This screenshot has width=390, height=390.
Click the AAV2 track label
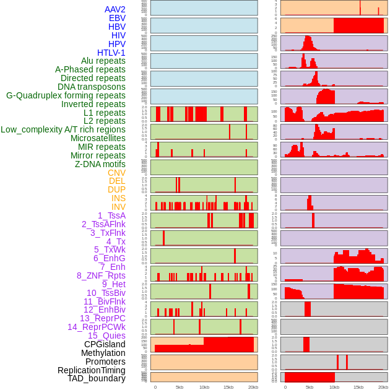tap(115, 9)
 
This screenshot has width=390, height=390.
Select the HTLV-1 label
tap(111, 53)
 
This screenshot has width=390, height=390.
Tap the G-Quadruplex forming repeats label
tap(66, 95)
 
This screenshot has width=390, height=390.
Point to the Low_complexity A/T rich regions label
tap(63, 129)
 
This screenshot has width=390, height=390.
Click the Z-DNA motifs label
tap(100, 164)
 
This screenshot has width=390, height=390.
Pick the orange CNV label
tap(116, 173)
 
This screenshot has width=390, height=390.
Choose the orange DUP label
tap(116, 189)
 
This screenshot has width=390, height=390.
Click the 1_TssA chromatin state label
tap(111, 215)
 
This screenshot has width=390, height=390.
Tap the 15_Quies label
tap(106, 336)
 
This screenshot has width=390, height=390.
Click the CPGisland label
tap(105, 344)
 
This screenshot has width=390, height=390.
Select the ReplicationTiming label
tap(91, 370)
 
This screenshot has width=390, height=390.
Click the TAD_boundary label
tap(97, 378)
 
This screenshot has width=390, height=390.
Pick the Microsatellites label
tap(98, 138)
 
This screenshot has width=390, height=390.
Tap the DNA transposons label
tap(92, 87)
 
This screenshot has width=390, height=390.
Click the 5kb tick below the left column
tap(180, 387)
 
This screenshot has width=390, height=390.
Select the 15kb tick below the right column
tap(358, 387)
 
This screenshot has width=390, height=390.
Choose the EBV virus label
tap(117, 18)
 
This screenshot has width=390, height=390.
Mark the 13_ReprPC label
tap(102, 318)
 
